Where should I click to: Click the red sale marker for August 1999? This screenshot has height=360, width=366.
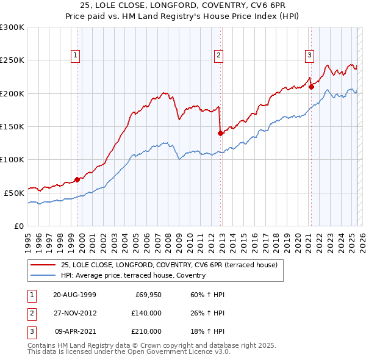pyautogui.click(x=77, y=179)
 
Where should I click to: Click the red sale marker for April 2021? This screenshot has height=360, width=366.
pyautogui.click(x=310, y=87)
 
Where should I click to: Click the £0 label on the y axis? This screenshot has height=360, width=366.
pyautogui.click(x=18, y=226)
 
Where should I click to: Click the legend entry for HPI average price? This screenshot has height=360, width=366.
pyautogui.click(x=133, y=275)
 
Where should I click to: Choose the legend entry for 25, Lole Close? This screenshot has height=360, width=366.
pyautogui.click(x=169, y=265)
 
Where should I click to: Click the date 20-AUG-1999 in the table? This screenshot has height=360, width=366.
pyautogui.click(x=74, y=295)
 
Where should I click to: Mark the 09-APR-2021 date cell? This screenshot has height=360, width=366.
pyautogui.click(x=74, y=331)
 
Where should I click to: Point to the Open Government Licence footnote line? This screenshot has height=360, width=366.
pyautogui.click(x=129, y=352)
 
